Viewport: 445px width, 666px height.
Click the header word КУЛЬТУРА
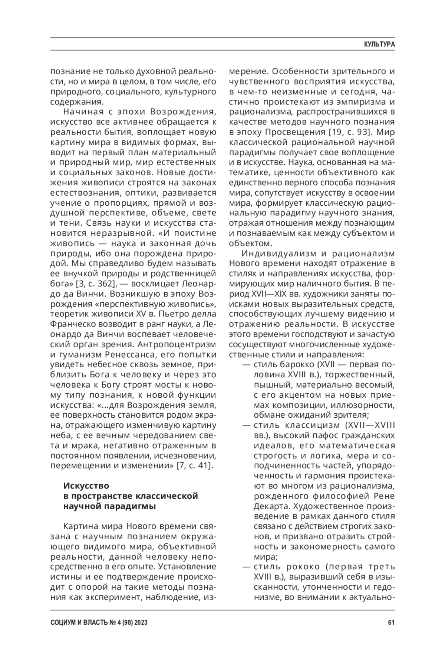pos(379,44)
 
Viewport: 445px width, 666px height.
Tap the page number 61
pos(391,623)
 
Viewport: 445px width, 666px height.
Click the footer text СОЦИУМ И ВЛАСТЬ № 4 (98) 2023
pos(99,623)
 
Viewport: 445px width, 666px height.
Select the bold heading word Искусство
pos(86,486)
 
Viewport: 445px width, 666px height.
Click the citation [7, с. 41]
pos(195,465)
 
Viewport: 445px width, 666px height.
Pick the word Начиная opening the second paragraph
pos(83,112)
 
